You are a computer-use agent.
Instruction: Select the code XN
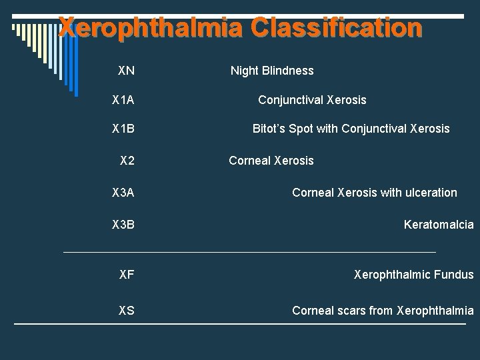click(x=126, y=70)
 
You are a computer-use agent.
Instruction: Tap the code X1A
click(x=123, y=100)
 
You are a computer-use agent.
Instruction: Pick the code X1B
click(x=123, y=129)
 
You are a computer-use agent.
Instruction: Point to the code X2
click(x=127, y=161)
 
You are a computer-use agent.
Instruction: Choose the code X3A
click(x=123, y=193)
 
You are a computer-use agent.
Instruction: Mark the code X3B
click(x=123, y=225)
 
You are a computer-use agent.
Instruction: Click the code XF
click(x=127, y=274)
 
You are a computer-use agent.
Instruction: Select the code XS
click(x=127, y=310)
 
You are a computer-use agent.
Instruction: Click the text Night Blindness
click(x=272, y=71)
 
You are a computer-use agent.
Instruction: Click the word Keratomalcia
click(x=439, y=225)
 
